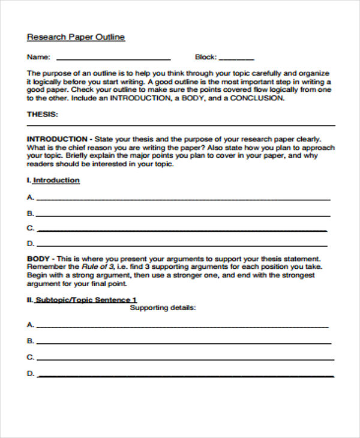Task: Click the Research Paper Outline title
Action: [x=76, y=37]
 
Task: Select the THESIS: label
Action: [x=43, y=114]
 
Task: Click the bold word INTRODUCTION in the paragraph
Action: [x=57, y=138]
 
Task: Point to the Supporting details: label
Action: [x=163, y=308]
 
